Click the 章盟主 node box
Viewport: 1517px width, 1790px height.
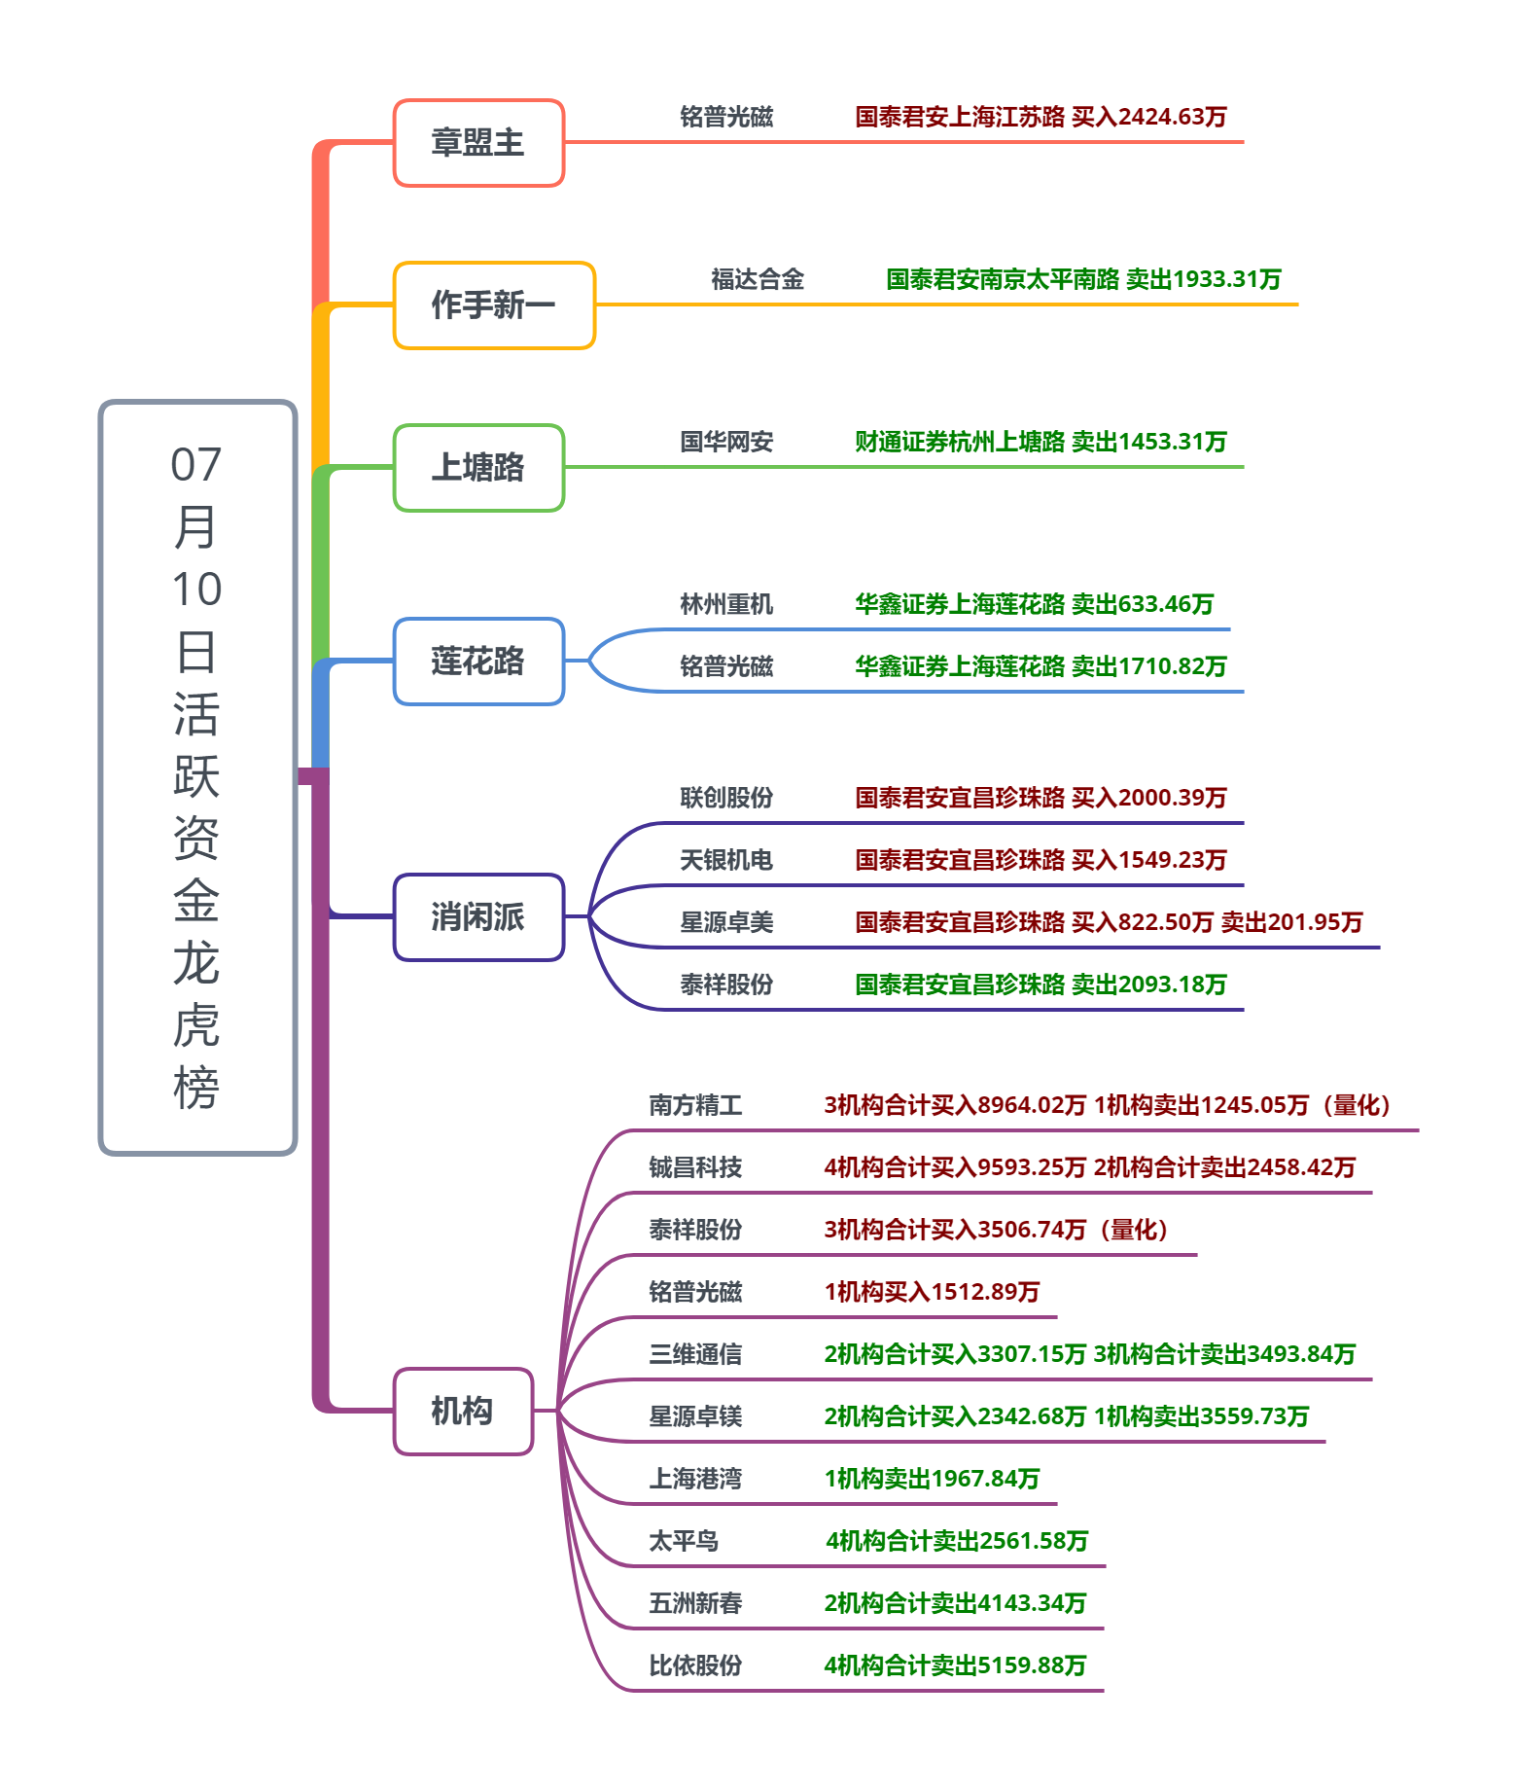tap(478, 143)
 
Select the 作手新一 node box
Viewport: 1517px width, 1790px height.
tap(494, 305)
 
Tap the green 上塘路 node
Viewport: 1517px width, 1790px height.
tap(478, 468)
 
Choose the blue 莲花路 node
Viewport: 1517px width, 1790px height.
tap(478, 662)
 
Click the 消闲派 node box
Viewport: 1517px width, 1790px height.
tap(478, 917)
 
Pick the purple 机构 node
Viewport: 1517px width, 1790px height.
tap(463, 1412)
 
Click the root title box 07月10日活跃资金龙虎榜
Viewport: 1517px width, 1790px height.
tap(197, 777)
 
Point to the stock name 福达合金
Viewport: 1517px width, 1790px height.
tap(758, 280)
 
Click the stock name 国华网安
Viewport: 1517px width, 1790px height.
tap(726, 443)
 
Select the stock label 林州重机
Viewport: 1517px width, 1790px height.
tap(726, 605)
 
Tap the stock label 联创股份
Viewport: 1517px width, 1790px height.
tap(726, 799)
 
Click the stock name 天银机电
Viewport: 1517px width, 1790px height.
tap(726, 861)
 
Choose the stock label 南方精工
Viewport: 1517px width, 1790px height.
tap(695, 1106)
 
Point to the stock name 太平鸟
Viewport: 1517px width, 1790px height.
tap(684, 1542)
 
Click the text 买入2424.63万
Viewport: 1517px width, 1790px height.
tap(1149, 118)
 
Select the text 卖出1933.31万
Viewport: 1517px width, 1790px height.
tap(1204, 280)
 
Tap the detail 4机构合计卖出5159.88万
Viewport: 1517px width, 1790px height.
tap(955, 1666)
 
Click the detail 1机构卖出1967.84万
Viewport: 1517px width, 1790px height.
tap(932, 1480)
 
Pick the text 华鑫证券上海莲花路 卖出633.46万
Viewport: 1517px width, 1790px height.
tap(1035, 605)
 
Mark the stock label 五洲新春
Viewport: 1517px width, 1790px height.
tap(695, 1604)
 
